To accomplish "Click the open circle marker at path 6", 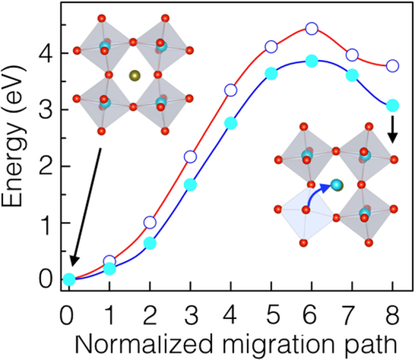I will click(x=312, y=29).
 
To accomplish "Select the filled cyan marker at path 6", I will click(x=312, y=61).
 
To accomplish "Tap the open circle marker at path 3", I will click(x=191, y=157).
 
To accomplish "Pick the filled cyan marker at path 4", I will click(x=231, y=123).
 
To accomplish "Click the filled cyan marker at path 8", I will click(x=392, y=106).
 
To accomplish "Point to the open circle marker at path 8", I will click(x=392, y=66).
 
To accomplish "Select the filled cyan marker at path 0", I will click(x=69, y=279).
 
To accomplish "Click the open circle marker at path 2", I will click(x=150, y=222).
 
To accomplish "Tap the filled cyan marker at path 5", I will click(x=271, y=73).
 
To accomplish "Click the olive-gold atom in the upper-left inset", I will click(x=133, y=76).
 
